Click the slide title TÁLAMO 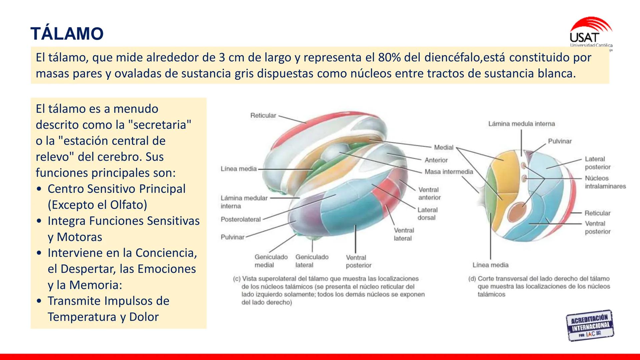67,34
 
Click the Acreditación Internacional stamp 590,325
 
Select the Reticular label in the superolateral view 263,116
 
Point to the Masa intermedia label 449,172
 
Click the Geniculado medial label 271,261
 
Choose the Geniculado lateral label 312,261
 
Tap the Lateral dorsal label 427,214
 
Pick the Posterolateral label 241,219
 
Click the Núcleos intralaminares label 605,182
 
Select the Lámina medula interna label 521,124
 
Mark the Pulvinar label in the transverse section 560,141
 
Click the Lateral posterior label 597,163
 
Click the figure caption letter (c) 237,279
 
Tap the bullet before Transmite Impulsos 40,301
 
